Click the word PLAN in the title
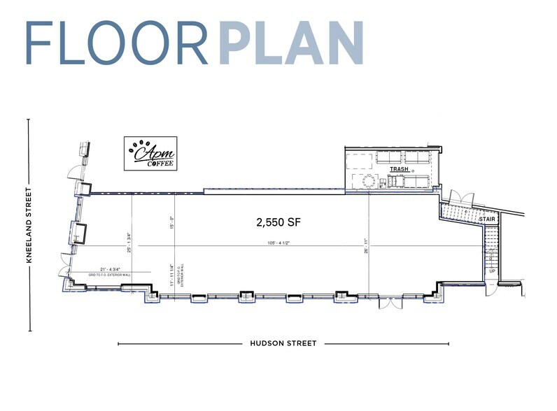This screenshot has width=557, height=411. coord(291,43)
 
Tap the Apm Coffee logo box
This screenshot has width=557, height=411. coord(150,153)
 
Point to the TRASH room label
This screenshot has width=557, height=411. coord(399,170)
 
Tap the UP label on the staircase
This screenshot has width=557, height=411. coord(492,271)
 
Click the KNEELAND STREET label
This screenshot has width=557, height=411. coord(29,225)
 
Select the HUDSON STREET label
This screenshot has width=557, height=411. coord(283,343)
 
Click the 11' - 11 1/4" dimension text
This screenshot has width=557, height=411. coord(171,273)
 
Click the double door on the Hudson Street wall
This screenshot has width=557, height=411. coord(389,302)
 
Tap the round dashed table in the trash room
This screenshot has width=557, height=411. coord(369,182)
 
